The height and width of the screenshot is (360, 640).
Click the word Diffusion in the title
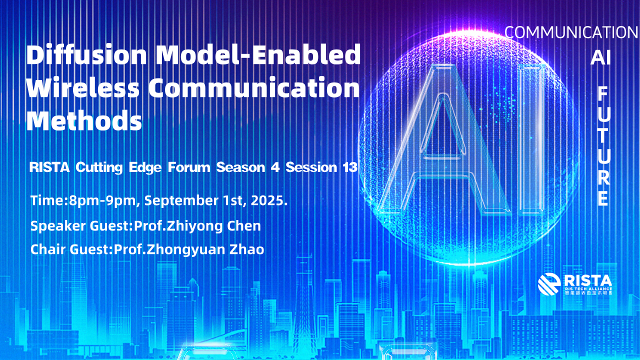point(87,54)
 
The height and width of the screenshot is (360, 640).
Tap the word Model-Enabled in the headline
point(258,54)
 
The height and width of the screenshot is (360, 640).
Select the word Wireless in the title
point(83,87)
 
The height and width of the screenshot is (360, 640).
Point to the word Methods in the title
point(84,120)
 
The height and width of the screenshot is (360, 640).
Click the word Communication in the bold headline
point(253,87)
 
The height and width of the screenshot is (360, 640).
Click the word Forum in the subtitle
point(189,167)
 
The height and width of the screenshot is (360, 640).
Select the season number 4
point(275,167)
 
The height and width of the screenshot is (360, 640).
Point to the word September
point(181,200)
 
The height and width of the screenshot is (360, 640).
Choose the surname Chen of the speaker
point(244,225)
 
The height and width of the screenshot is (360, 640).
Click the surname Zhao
point(247,249)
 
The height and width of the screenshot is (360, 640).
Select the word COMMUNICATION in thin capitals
point(571,32)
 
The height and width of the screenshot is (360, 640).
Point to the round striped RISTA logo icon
point(549,284)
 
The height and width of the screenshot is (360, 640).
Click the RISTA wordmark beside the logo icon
point(588,281)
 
